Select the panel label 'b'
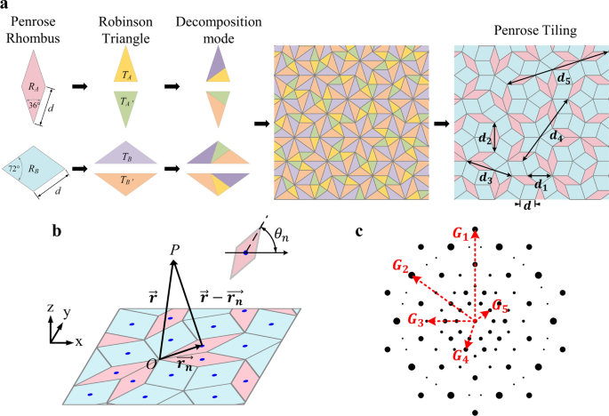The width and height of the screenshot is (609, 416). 57,233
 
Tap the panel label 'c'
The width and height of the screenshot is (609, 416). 358,233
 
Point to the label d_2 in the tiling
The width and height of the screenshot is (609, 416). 485,140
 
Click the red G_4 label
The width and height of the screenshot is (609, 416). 460,356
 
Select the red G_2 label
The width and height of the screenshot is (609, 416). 401,268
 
